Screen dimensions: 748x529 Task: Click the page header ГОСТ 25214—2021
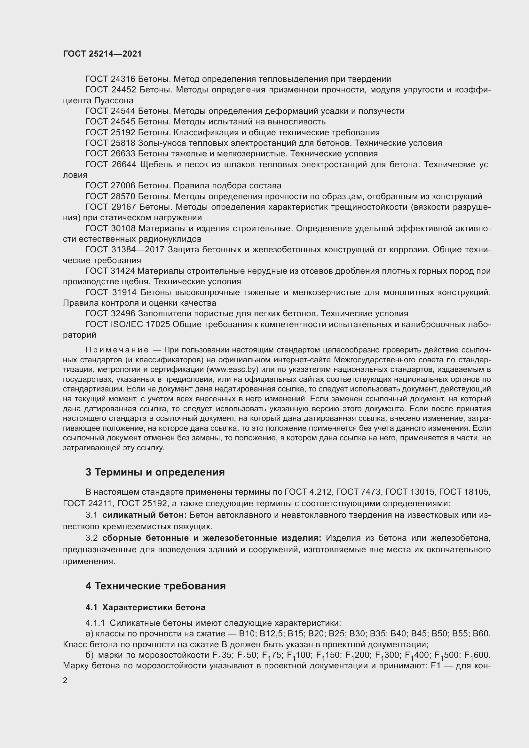[x=102, y=54]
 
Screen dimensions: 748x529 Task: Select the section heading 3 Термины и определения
[x=155, y=472]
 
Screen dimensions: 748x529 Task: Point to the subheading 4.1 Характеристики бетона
[x=145, y=607]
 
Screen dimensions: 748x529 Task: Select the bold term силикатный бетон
[x=144, y=515]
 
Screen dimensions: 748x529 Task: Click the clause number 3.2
[x=91, y=538]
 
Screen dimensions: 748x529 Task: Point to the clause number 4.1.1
[x=95, y=623]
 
